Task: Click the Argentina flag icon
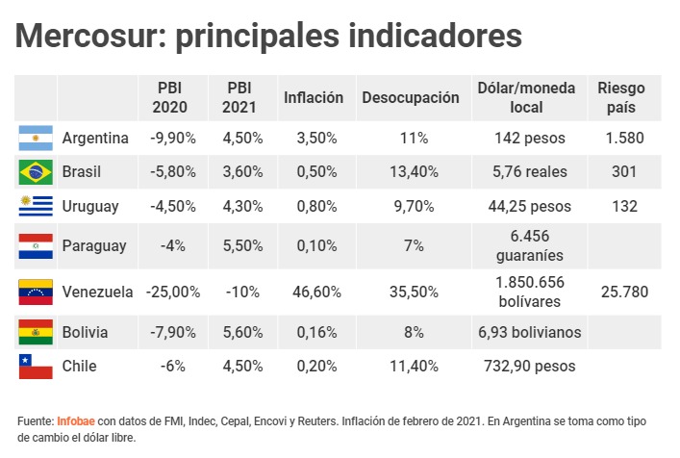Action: pyautogui.click(x=35, y=138)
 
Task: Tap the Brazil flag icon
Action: pyautogui.click(x=35, y=172)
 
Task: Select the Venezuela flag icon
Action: pyautogui.click(x=35, y=292)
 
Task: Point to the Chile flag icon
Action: pyautogui.click(x=35, y=366)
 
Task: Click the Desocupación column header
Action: pyautogui.click(x=411, y=98)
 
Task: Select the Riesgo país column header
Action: pyautogui.click(x=621, y=98)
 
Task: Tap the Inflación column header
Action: pyautogui.click(x=314, y=98)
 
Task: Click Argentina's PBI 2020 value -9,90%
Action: pyautogui.click(x=173, y=138)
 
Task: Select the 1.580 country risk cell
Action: pyautogui.click(x=625, y=138)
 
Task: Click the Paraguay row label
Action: pyautogui.click(x=94, y=246)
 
